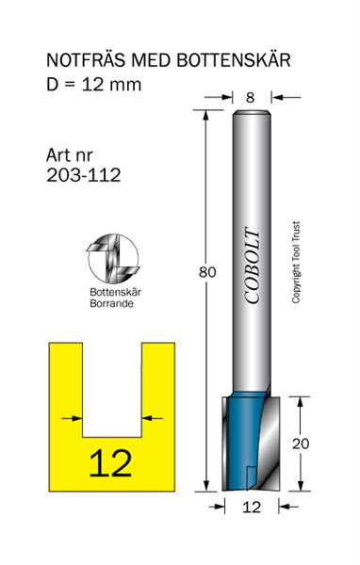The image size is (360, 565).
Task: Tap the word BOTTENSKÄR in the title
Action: click(234, 60)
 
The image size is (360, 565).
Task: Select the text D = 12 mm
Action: click(94, 85)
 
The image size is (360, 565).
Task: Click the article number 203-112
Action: click(83, 175)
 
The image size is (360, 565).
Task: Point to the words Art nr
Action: click(69, 155)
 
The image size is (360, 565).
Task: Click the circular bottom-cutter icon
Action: click(113, 258)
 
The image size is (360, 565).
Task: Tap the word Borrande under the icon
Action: click(111, 303)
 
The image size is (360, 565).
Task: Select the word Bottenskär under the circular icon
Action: click(115, 292)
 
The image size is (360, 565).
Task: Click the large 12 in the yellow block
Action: click(111, 463)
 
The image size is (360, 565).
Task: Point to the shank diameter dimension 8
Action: click(251, 97)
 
